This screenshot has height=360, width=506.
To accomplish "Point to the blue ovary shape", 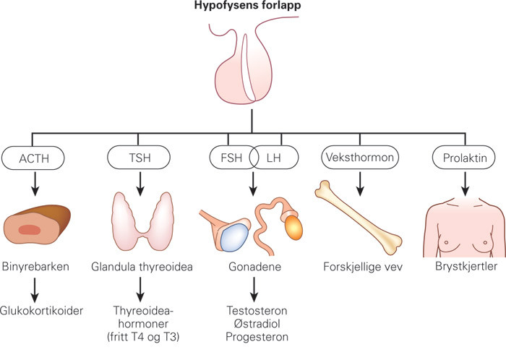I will point(233,235).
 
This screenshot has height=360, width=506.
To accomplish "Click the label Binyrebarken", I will point(37,265).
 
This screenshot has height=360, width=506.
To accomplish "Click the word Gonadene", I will point(252,265).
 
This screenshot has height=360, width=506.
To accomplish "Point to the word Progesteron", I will point(252,336).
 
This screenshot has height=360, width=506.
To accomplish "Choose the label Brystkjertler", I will point(465,265).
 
